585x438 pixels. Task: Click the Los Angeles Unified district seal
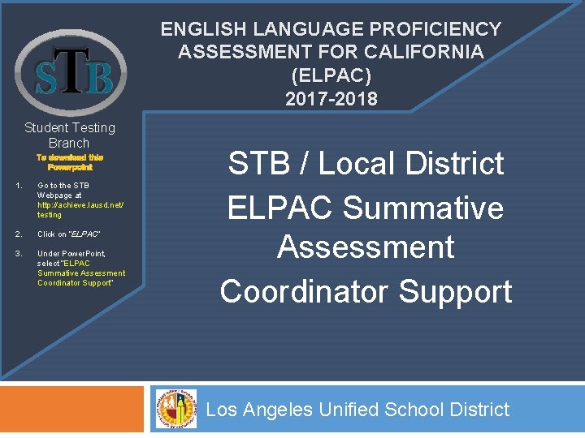pos(176,408)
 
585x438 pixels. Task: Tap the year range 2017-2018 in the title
pos(331,99)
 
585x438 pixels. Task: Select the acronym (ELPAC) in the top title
pos(331,75)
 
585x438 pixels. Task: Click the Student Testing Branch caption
pos(70,135)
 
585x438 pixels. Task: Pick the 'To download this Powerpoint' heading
pos(70,161)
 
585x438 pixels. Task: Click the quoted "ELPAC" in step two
pos(85,234)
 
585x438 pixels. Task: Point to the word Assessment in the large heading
pos(366,247)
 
